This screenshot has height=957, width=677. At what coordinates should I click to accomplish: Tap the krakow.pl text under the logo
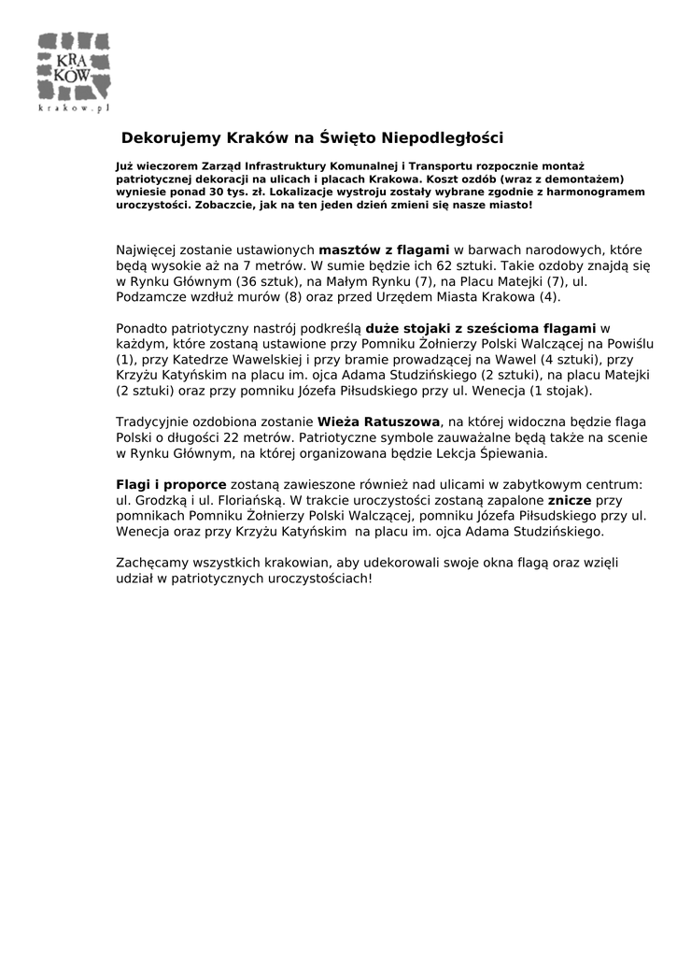pos(74,108)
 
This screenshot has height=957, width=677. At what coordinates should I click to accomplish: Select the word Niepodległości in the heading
pos(446,138)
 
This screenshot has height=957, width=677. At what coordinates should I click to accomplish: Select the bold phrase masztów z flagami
pos(385,250)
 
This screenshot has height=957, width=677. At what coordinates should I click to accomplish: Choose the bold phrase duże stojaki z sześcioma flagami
pos(480,328)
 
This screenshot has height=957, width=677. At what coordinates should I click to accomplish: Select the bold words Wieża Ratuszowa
pos(379,421)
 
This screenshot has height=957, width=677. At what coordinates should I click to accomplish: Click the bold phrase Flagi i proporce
pos(171,484)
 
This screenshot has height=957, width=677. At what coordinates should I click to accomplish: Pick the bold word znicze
pos(569,500)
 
